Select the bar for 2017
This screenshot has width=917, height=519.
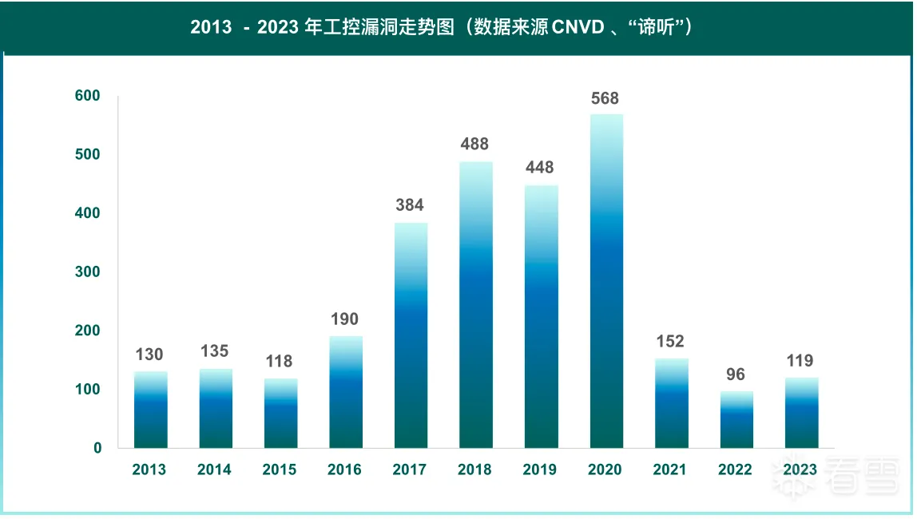(x=411, y=335)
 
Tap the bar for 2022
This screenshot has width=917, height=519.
(x=736, y=420)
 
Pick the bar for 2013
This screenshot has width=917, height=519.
(x=150, y=410)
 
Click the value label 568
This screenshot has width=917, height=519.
(x=605, y=99)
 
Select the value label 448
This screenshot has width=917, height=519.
(x=540, y=168)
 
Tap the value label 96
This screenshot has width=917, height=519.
(x=736, y=374)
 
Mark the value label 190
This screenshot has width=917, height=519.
(x=345, y=319)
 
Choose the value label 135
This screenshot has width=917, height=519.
(x=215, y=351)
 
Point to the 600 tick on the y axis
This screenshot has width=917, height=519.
(x=88, y=96)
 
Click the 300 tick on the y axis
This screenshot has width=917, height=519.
(x=88, y=272)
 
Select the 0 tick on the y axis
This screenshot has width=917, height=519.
(x=97, y=448)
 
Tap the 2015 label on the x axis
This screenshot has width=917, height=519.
(x=280, y=469)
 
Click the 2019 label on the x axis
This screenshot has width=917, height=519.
(x=540, y=469)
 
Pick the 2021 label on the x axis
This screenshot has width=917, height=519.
(x=669, y=469)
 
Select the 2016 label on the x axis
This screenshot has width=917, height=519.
(x=344, y=469)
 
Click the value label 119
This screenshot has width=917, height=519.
(x=800, y=361)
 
